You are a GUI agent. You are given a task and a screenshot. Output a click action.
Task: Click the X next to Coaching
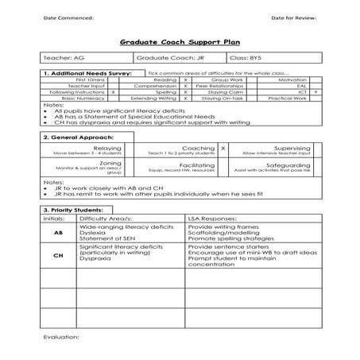[x=223, y=148]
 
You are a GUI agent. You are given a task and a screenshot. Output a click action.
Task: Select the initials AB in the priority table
[x=58, y=234]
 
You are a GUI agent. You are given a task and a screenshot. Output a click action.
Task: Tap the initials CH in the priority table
[x=58, y=257]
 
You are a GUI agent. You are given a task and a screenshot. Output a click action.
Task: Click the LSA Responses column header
[x=219, y=218]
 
